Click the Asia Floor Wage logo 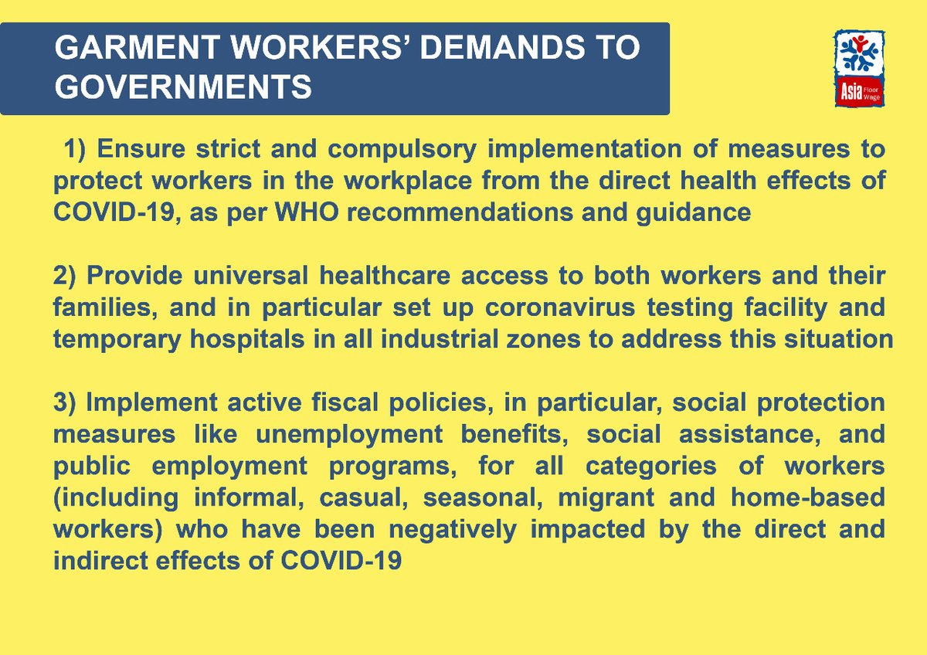tap(859, 69)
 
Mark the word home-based tap(806, 497)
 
